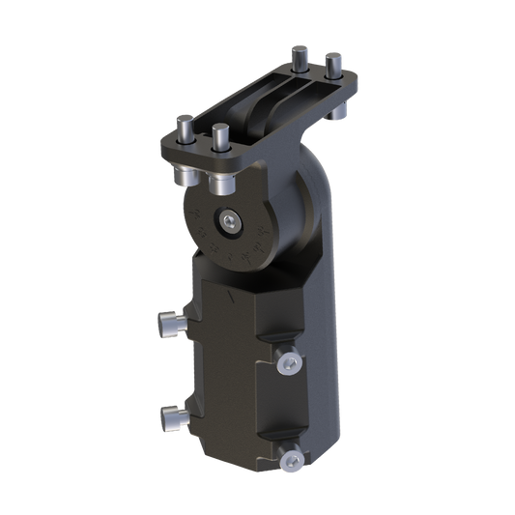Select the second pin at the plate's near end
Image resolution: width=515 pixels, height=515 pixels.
(x=219, y=138)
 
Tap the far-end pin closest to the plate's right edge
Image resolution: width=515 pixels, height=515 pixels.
(x=334, y=64)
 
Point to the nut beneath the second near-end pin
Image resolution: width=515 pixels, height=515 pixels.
(x=220, y=182)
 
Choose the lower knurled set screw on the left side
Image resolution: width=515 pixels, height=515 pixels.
(x=170, y=418)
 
